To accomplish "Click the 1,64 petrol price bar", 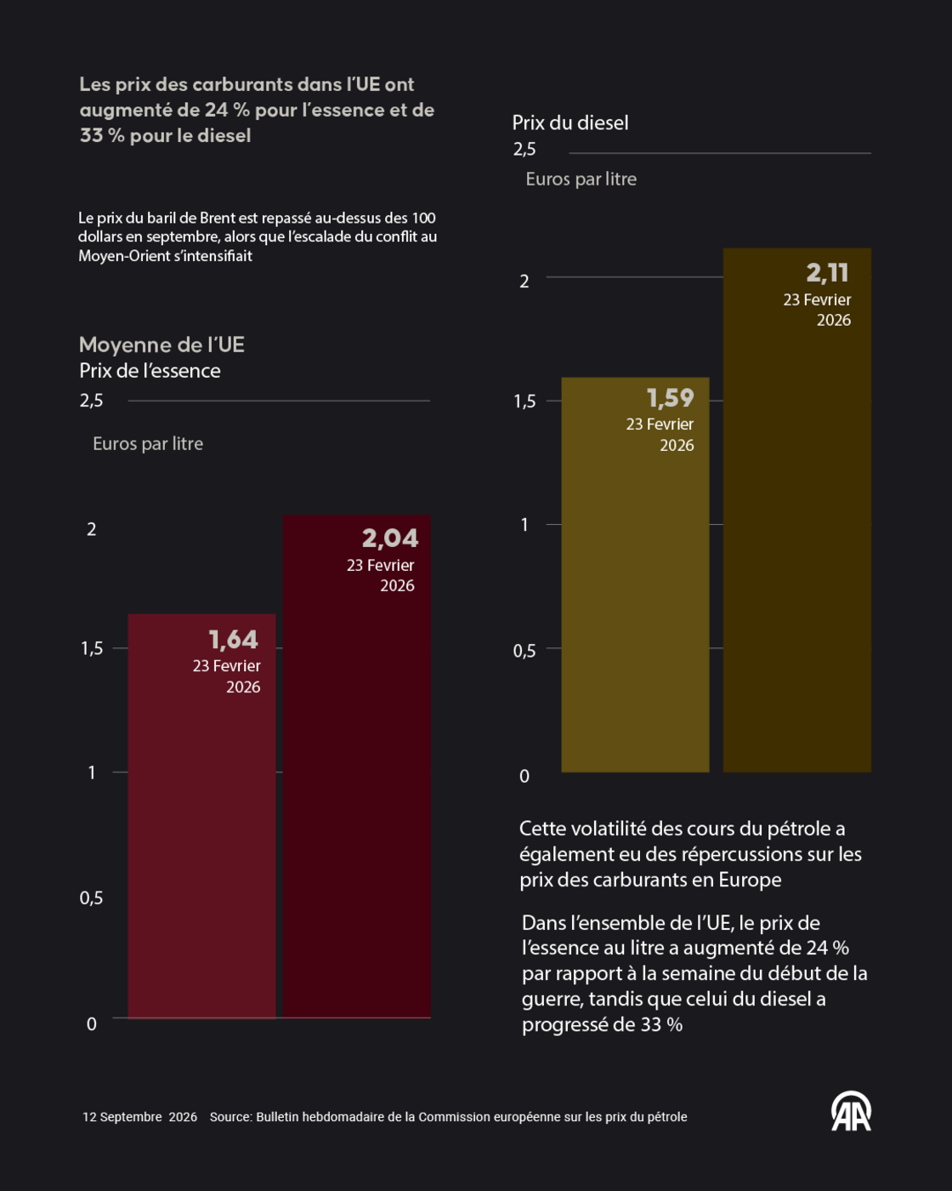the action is pos(202,816).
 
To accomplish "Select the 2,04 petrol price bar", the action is pos(357,766).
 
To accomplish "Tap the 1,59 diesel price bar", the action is pos(635,575).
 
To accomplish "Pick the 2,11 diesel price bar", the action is pos(797,510).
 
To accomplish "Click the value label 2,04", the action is pos(390,539).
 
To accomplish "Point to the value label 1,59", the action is pos(670,398).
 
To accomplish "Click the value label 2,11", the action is pos(827,273).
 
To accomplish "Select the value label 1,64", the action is pos(234,640).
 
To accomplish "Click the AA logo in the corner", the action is pos(852,1111).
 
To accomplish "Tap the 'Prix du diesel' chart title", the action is pos(570,123).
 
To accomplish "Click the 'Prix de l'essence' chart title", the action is pos(150,371).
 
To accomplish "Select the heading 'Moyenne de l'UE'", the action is pos(161,345).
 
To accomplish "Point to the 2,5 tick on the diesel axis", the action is pos(524,150).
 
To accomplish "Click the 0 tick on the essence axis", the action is pos(92,1024).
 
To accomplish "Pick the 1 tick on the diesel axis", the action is pos(524,525).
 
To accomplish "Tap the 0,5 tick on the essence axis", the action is pos(91,898).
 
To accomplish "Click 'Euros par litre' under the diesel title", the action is pos(581,180).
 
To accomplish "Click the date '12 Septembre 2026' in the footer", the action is pos(140,1117).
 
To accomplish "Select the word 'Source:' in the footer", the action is pos(231,1117).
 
